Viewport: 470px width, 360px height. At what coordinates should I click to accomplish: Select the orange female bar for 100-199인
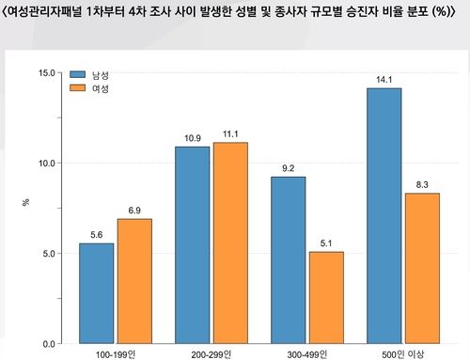pyautogui.click(x=134, y=281)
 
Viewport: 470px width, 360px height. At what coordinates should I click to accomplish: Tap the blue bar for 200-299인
pyautogui.click(x=192, y=244)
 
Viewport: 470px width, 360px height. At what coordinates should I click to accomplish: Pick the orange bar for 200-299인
pyautogui.click(x=229, y=243)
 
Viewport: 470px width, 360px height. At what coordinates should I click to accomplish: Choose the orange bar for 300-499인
pyautogui.click(x=325, y=297)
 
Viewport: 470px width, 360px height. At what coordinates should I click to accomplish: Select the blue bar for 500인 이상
pyautogui.click(x=384, y=215)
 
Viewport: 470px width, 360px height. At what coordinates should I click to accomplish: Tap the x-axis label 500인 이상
pyautogui.click(x=402, y=355)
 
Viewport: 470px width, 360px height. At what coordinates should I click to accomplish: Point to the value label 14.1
pyautogui.click(x=384, y=79)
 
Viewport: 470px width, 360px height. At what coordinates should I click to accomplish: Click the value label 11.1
pyautogui.click(x=229, y=133)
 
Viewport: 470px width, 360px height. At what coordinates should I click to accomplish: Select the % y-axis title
pyautogui.click(x=25, y=201)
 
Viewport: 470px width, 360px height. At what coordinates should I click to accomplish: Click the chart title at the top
pyautogui.click(x=235, y=12)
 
